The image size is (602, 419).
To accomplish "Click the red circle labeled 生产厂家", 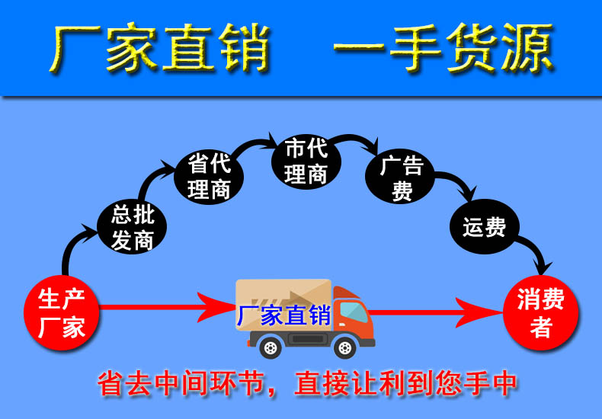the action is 62,312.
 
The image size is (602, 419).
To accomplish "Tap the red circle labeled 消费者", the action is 540,312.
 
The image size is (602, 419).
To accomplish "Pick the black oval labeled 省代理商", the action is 209,177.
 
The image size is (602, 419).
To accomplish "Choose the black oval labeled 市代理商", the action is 306,162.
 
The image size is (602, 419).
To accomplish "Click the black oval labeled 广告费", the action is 399,176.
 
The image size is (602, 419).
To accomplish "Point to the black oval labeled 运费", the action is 485,226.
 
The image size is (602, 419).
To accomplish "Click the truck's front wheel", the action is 344,347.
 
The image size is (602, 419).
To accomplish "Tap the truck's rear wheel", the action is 271,347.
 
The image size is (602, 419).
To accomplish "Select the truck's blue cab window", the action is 354,312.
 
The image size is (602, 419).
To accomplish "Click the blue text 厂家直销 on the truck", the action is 283,315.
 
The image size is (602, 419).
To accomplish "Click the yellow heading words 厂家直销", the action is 160,47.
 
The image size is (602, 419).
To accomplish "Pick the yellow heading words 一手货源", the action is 443,47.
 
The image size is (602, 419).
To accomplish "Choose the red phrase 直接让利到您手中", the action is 405,383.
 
